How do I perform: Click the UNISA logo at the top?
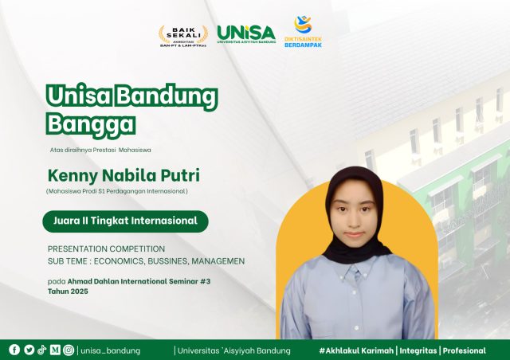coord(245,33)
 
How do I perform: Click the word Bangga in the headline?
coord(91,124)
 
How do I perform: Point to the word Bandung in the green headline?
coord(167,96)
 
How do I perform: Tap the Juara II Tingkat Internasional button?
coord(125,221)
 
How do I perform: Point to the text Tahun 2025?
coord(68,292)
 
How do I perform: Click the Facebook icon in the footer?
coord(14,350)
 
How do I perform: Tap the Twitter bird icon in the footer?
coord(29,350)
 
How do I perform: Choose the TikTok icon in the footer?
coord(41,350)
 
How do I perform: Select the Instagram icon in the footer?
coord(69,350)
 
